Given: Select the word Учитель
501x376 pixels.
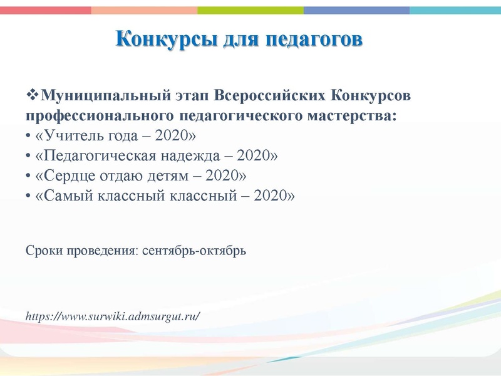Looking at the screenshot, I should pos(71,136).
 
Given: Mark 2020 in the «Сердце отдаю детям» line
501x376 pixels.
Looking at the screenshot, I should pos(225,175).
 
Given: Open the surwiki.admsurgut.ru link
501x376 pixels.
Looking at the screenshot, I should pos(113,315).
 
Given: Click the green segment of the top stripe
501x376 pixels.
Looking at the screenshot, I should pos(250,10).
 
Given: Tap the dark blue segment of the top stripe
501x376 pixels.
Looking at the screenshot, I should pos(356,10).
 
